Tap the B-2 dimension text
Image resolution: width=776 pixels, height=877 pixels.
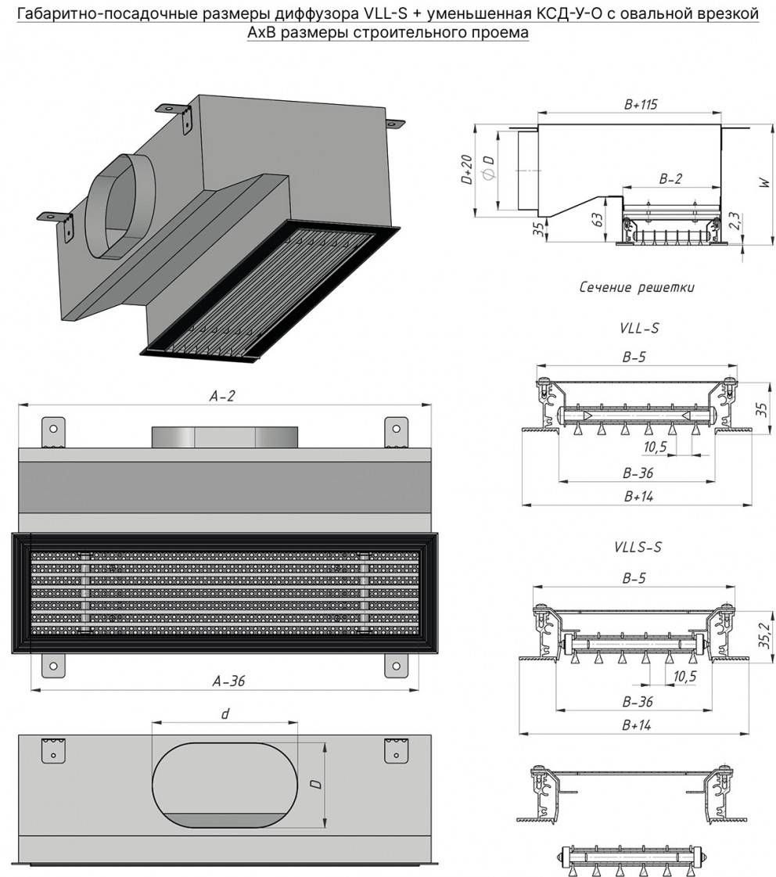[670, 178]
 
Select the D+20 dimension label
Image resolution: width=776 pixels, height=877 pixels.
[467, 170]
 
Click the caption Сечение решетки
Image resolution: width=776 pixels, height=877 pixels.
[637, 287]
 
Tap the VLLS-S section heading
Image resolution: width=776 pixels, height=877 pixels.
[638, 547]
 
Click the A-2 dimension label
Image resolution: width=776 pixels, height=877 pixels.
[222, 396]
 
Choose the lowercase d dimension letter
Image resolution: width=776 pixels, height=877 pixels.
[225, 713]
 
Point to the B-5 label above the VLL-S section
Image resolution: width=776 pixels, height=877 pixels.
[634, 358]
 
